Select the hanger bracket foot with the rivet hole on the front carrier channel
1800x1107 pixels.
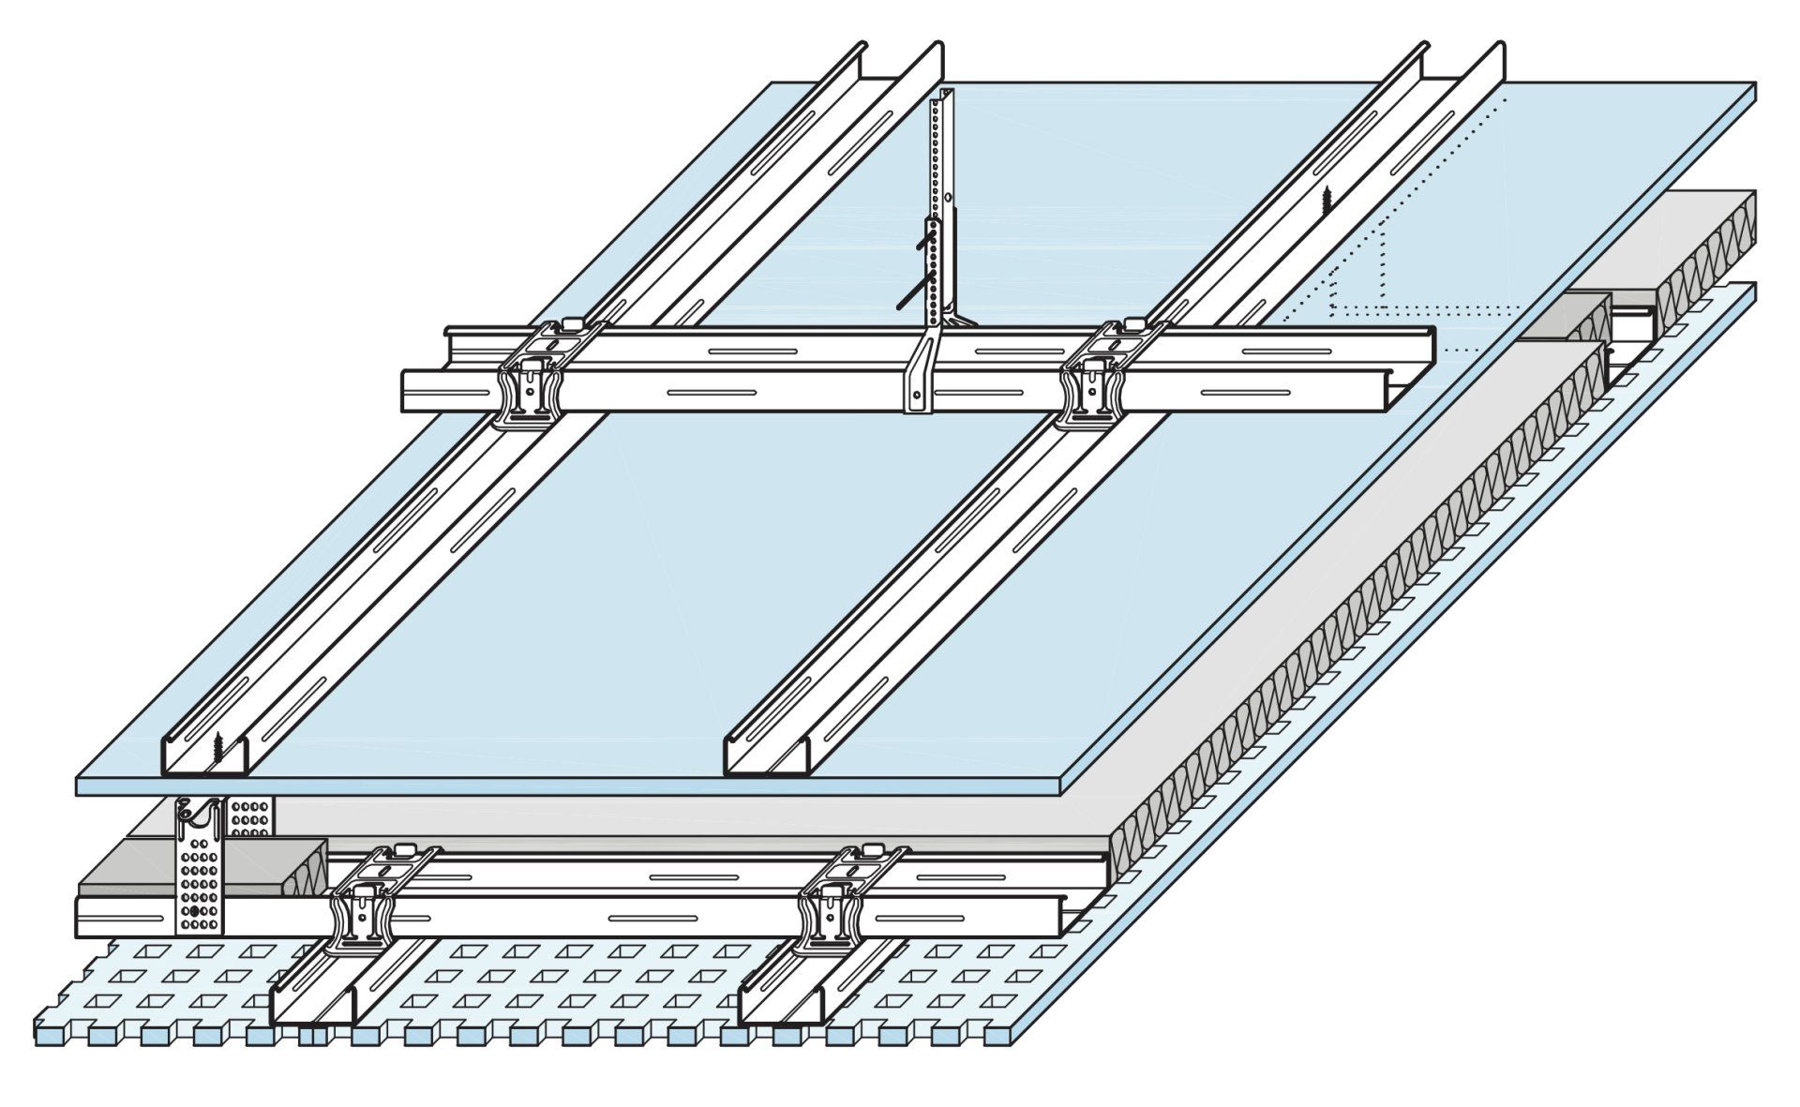(x=918, y=398)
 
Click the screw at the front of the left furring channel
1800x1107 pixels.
(x=217, y=746)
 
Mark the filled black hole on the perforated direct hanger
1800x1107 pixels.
(x=194, y=910)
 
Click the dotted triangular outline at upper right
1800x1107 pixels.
(x=1359, y=272)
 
